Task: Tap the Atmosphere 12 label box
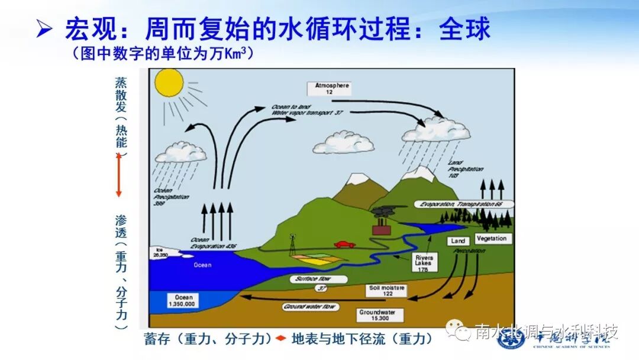(329, 89)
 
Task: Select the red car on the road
(344, 244)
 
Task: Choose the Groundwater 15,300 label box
(381, 314)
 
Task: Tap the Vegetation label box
(491, 238)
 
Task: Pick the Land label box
(458, 241)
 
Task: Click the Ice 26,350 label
(160, 252)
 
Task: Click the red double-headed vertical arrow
(118, 174)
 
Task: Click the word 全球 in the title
(464, 29)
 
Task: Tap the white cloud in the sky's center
(343, 143)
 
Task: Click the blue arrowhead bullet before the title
(43, 30)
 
